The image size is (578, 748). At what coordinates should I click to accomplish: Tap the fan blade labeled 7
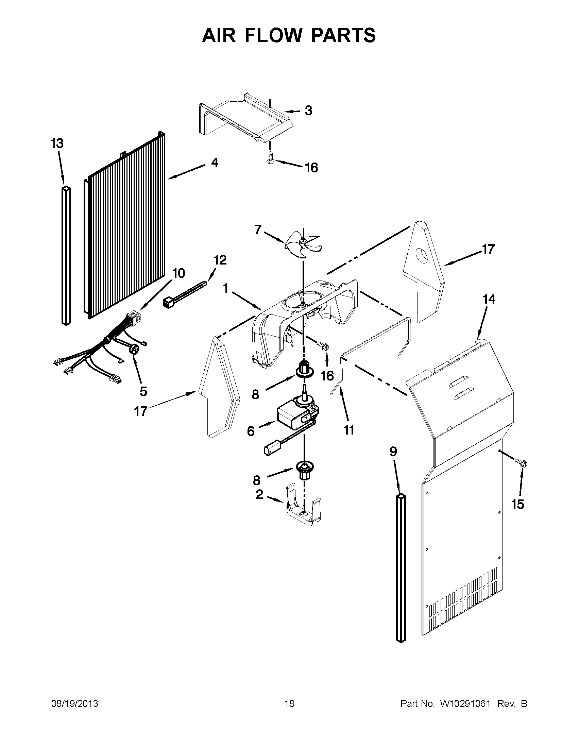click(x=303, y=245)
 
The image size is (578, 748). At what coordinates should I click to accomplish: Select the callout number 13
click(x=57, y=143)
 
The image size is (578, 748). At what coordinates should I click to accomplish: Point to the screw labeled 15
click(x=523, y=464)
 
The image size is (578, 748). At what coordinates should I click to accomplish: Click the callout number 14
click(x=489, y=299)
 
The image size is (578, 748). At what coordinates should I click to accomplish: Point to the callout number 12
click(x=220, y=260)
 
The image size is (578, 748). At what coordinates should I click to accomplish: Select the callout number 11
click(x=349, y=430)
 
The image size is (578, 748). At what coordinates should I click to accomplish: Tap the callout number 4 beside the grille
click(x=214, y=162)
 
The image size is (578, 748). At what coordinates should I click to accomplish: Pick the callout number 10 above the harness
click(x=178, y=273)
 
